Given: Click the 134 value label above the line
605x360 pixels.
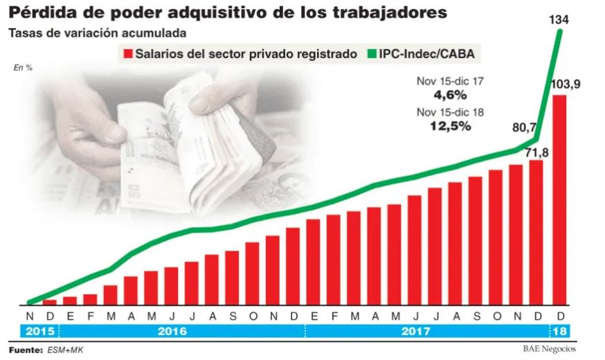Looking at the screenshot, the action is (559, 19).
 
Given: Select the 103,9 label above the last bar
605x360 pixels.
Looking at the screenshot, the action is (566, 84).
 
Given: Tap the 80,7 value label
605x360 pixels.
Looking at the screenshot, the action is (525, 127).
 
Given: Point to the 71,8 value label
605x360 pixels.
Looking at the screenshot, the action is (536, 153).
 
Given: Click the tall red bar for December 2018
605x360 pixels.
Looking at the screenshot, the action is (559, 200).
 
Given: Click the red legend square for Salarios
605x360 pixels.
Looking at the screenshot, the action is (127, 53).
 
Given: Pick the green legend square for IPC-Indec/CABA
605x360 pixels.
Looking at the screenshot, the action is (371, 53).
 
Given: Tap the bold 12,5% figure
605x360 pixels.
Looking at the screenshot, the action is (450, 126).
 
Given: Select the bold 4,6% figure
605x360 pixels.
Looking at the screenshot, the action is (450, 95).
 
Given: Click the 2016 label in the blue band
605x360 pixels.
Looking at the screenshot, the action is (172, 331).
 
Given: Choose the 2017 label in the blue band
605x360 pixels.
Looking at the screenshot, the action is (415, 331).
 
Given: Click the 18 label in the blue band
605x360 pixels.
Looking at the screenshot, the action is (559, 331).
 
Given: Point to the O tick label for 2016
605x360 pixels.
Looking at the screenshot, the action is (253, 316).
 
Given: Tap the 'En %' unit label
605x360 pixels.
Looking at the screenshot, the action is (23, 68).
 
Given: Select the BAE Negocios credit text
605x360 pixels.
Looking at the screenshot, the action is (549, 349).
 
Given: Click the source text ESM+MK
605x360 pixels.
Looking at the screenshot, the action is (65, 350).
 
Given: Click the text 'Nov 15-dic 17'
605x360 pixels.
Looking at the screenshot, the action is (450, 81).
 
